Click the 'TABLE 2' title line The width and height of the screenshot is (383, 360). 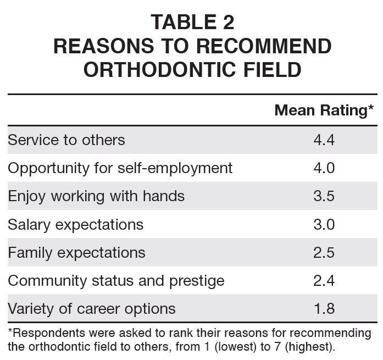pyautogui.click(x=192, y=22)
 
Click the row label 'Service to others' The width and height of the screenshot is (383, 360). pyautogui.click(x=66, y=140)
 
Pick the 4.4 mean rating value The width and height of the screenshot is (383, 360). pyautogui.click(x=324, y=140)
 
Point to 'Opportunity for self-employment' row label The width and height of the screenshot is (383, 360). pyautogui.click(x=120, y=168)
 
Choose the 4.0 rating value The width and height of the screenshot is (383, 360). pyautogui.click(x=324, y=168)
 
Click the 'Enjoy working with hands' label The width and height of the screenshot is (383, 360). pyautogui.click(x=96, y=196)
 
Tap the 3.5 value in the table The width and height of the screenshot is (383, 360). pyautogui.click(x=324, y=196)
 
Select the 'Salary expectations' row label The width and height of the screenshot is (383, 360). pyautogui.click(x=75, y=224)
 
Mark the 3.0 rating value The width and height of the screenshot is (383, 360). pyautogui.click(x=324, y=224)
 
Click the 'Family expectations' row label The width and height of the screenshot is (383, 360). pyautogui.click(x=76, y=252)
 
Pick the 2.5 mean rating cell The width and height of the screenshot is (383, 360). pyautogui.click(x=324, y=252)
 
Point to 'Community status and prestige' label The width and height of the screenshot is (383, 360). pyautogui.click(x=116, y=280)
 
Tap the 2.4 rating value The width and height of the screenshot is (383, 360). pyautogui.click(x=324, y=280)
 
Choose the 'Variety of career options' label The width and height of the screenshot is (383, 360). pyautogui.click(x=92, y=308)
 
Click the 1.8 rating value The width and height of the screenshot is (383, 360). pyautogui.click(x=324, y=308)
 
